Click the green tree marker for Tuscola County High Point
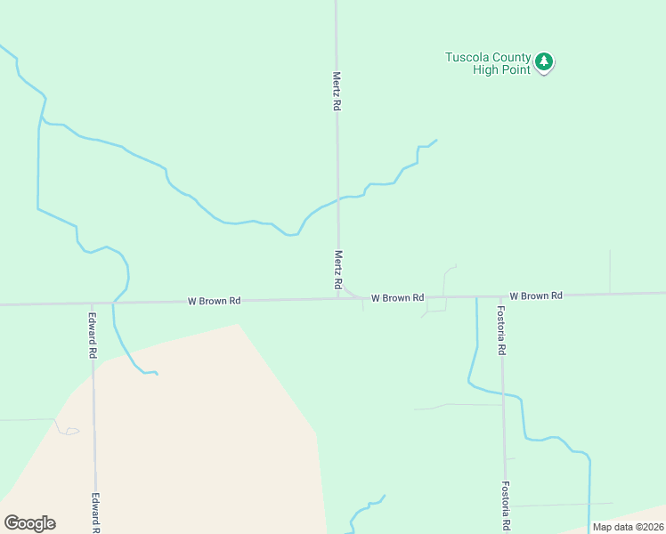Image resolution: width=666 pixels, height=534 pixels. [x=544, y=62]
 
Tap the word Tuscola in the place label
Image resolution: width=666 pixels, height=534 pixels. [x=467, y=58]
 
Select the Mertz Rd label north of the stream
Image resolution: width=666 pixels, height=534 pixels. [x=337, y=91]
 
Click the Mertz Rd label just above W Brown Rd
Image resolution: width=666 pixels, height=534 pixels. [x=338, y=270]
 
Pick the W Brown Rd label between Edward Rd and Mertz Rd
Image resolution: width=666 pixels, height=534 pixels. [x=214, y=301]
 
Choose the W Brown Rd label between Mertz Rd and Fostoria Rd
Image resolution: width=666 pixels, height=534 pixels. [x=397, y=297]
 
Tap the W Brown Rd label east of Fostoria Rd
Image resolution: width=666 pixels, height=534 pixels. [x=536, y=295]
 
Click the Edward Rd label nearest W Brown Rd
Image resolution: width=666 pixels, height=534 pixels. [x=92, y=334]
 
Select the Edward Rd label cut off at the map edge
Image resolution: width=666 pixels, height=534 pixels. [x=94, y=514]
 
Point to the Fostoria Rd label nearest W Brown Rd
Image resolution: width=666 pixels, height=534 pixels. [x=501, y=330]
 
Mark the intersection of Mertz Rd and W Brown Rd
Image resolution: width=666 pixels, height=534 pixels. [x=338, y=298]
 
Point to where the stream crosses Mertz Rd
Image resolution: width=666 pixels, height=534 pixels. [x=337, y=198]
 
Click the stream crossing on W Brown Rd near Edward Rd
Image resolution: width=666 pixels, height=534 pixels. [x=113, y=303]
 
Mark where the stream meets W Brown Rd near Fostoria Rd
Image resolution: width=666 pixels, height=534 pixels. [x=476, y=296]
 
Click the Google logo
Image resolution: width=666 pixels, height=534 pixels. [x=29, y=523]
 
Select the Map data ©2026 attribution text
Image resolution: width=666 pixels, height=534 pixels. [x=628, y=527]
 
